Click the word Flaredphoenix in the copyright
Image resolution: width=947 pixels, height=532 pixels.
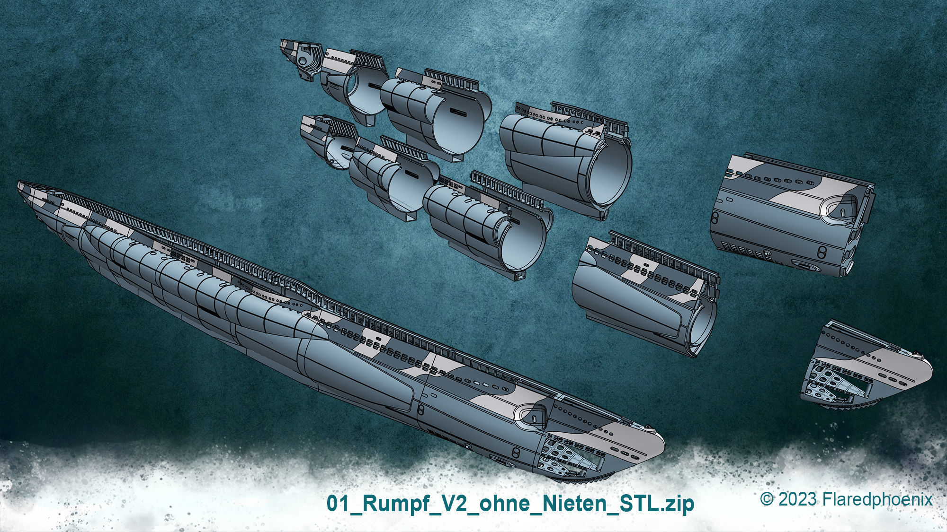pyautogui.click(x=877, y=499)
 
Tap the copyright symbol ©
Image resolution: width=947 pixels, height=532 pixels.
pyautogui.click(x=767, y=499)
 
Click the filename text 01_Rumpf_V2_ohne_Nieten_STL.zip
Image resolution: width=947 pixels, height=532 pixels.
pyautogui.click(x=510, y=503)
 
